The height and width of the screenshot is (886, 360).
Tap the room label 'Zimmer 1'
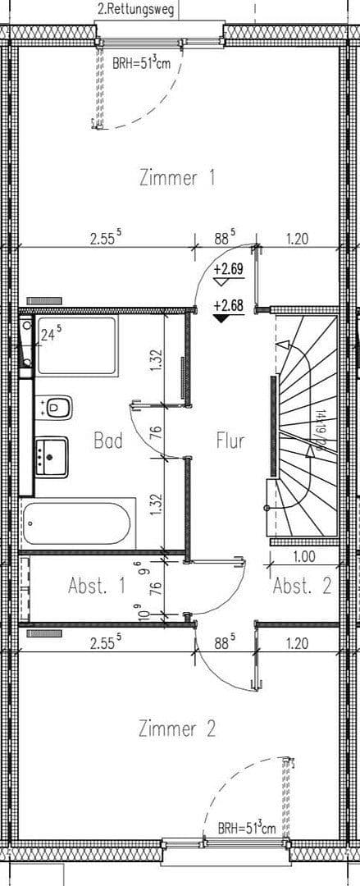pyautogui.click(x=177, y=177)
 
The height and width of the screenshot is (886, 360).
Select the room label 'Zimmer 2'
pyautogui.click(x=177, y=728)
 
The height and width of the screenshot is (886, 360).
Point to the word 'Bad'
pyautogui.click(x=107, y=441)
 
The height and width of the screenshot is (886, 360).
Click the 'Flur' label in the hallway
pyautogui.click(x=230, y=441)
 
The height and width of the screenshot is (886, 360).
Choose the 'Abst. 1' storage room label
pyautogui.click(x=97, y=587)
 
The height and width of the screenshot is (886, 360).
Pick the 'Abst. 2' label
pyautogui.click(x=302, y=587)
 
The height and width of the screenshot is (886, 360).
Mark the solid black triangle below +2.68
pyautogui.click(x=221, y=319)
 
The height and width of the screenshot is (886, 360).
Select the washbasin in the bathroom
pyautogui.click(x=51, y=455)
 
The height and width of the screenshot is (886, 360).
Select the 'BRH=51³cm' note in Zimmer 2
pyautogui.click(x=247, y=828)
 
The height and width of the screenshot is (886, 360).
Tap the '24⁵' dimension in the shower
pyautogui.click(x=52, y=335)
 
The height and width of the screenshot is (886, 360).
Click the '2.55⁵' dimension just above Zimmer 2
pyautogui.click(x=106, y=644)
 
